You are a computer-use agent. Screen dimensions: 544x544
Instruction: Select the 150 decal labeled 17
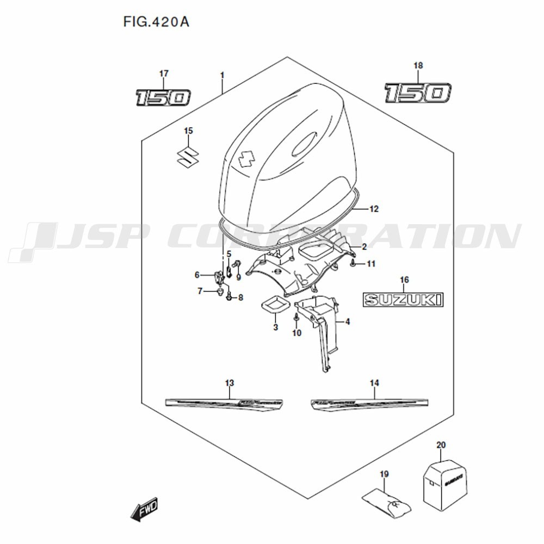click(163, 97)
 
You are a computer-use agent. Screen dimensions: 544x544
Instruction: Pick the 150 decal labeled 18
click(417, 92)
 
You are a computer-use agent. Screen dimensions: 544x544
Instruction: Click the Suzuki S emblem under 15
click(188, 156)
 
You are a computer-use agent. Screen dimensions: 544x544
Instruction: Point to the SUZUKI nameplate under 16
click(404, 299)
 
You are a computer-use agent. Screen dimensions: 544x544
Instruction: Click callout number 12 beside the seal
click(373, 209)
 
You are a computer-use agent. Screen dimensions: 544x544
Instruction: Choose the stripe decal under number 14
click(370, 403)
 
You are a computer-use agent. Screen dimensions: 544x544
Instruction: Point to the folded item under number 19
click(386, 502)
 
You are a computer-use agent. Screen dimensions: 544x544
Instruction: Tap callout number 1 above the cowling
click(222, 73)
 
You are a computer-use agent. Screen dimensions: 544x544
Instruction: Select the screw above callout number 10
click(296, 317)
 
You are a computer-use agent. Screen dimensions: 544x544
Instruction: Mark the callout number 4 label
click(348, 322)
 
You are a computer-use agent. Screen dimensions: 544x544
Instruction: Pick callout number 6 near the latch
click(197, 275)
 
